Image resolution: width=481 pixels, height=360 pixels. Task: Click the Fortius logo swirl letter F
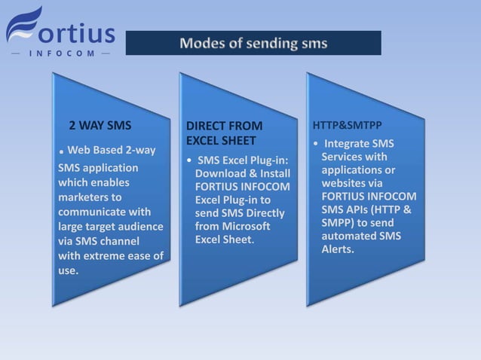point(23,28)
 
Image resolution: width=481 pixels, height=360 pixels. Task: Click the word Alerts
point(337,249)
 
